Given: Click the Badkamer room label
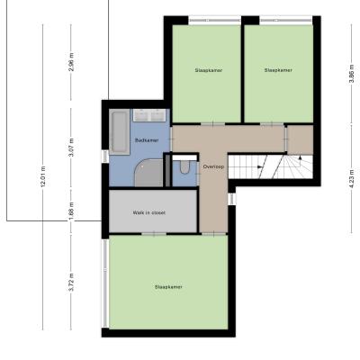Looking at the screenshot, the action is tap(147, 140).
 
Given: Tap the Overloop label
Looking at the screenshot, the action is tap(213, 166).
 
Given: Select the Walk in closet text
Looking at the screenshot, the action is tap(149, 212).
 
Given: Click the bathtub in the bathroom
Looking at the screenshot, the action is tap(120, 132).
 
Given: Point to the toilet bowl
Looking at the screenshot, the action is tap(184, 166).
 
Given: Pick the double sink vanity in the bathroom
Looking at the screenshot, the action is tap(149, 115).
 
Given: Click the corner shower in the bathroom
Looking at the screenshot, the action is tap(148, 173).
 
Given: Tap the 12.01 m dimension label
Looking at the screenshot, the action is tap(43, 176).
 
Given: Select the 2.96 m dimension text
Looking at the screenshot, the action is tap(71, 62).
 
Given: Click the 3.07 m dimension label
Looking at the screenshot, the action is tap(71, 148).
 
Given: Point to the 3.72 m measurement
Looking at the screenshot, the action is tap(71, 282).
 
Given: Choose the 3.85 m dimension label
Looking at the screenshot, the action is tap(352, 75).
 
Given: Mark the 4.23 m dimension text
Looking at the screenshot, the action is tap(352, 178).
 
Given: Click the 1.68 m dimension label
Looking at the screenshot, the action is tap(71, 211).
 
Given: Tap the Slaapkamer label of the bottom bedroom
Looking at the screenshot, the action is tap(168, 287).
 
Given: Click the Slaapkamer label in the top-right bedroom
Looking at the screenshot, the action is tap(278, 70).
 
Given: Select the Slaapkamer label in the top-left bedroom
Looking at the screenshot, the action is tap(209, 70).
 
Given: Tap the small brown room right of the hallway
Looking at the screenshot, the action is tap(301, 139).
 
